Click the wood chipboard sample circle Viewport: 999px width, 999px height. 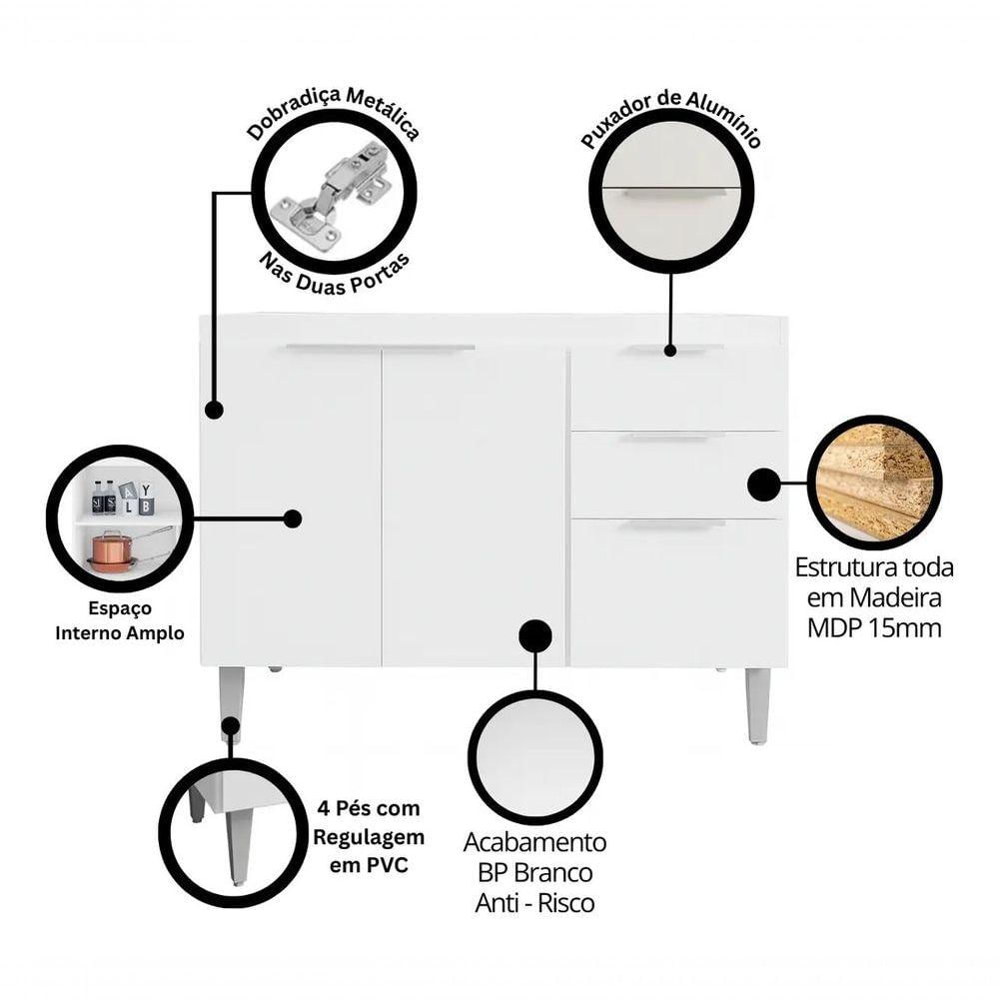pos(874,483)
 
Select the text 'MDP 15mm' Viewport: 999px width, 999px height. pos(874,628)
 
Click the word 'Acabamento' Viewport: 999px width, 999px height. pos(534,842)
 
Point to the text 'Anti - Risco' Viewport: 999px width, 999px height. pos(534,903)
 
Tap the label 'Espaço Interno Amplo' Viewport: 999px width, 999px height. pos(120,620)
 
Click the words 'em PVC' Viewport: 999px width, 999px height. pos(369,865)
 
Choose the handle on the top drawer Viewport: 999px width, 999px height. pos(672,349)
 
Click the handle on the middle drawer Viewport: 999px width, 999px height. pos(672,437)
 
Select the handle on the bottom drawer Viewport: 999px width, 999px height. pos(672,524)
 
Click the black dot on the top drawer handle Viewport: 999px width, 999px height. pos(669,350)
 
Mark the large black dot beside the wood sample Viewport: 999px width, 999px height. pos(763,485)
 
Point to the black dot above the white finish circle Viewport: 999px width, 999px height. pos(535,635)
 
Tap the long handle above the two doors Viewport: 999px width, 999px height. pos(381,348)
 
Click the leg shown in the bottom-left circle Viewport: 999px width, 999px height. pos(237,842)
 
